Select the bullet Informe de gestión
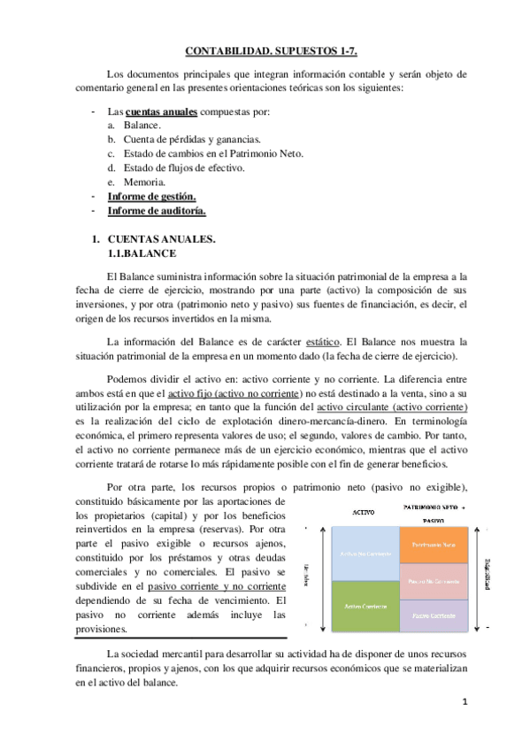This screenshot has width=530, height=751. [151, 196]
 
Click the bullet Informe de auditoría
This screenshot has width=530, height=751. [157, 210]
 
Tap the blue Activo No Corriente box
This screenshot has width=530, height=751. [364, 554]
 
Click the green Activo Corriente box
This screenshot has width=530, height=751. [364, 606]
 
